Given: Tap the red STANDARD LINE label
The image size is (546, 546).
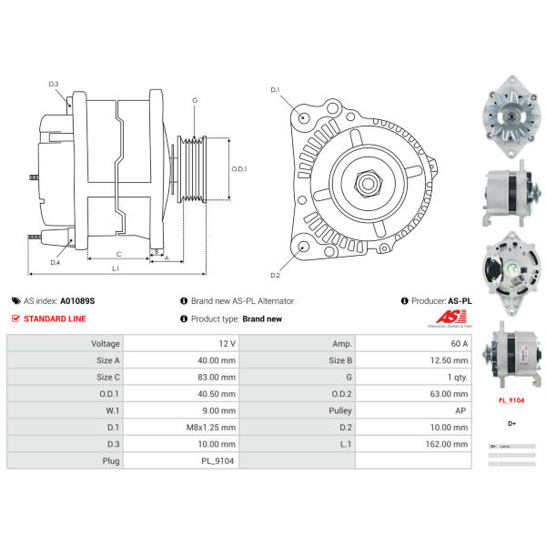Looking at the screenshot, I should [x=55, y=319].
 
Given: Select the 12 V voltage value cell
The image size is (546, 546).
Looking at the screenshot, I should [x=227, y=344].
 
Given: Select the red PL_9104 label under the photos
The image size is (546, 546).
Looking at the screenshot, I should [x=511, y=399].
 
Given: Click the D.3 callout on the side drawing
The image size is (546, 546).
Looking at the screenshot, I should [x=54, y=85].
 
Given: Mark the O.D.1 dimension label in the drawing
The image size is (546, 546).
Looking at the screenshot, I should [x=239, y=169].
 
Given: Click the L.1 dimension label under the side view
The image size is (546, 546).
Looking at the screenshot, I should [x=116, y=268].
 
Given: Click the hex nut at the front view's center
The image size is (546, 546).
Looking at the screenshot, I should [x=369, y=181].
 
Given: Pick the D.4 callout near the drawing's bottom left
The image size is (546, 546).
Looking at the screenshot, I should [x=55, y=262].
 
